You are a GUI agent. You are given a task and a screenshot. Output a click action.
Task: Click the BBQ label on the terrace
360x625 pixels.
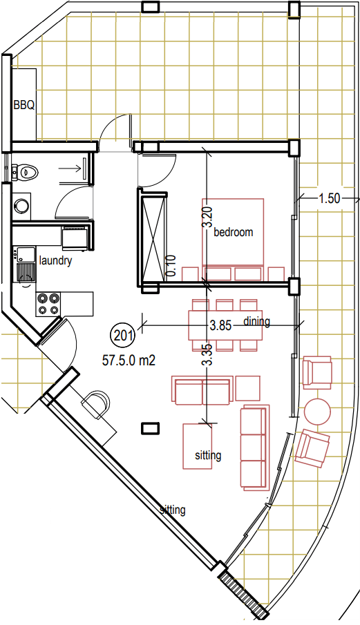click(x=23, y=105)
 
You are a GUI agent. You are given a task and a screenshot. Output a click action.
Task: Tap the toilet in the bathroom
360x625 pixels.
click(x=27, y=172)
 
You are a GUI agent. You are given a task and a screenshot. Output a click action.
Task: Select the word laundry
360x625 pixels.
click(x=55, y=261)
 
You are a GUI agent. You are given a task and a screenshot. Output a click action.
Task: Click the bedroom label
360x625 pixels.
click(x=234, y=232)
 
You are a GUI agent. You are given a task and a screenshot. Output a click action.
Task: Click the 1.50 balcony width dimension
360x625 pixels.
click(x=330, y=198)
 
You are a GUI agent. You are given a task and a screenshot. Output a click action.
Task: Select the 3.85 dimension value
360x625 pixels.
click(x=220, y=325)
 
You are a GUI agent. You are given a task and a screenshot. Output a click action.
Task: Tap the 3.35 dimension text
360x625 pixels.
click(x=207, y=355)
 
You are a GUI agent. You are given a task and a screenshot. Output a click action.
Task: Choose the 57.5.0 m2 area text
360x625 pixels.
click(x=129, y=360)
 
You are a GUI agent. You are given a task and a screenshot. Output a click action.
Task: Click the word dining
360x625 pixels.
click(x=256, y=321)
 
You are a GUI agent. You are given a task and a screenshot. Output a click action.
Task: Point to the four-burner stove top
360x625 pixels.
click(x=48, y=304)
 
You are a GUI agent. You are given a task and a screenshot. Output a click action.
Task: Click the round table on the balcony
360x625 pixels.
click(x=317, y=411)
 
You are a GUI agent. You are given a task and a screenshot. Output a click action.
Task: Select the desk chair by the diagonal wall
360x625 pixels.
click(x=96, y=404)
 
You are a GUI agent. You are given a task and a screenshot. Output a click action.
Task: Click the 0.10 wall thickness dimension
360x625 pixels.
click(x=171, y=266)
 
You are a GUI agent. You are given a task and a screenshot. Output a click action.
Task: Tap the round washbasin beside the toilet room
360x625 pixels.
click(x=21, y=205)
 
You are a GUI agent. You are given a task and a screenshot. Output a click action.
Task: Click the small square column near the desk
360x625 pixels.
click(x=151, y=428)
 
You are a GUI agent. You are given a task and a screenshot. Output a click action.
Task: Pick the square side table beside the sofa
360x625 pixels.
click(x=247, y=388)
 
